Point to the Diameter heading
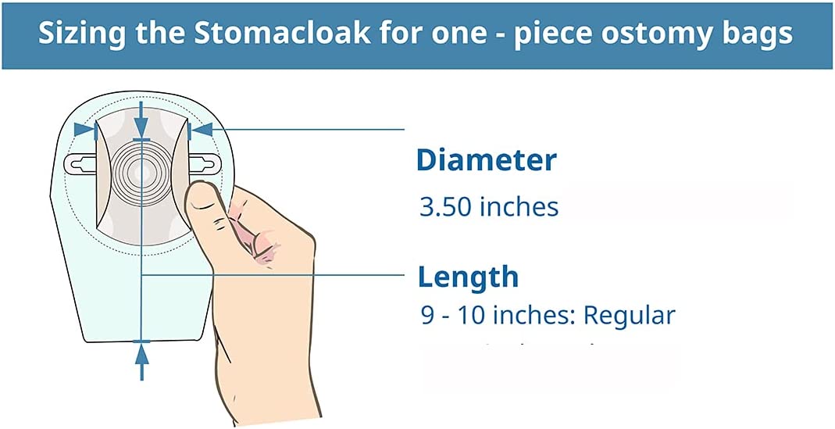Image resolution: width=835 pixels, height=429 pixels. click(x=486, y=160)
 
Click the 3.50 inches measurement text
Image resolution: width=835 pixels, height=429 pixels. click(x=489, y=207)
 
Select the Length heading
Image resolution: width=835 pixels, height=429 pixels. click(x=468, y=277)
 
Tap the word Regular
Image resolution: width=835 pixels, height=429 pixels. click(x=629, y=315)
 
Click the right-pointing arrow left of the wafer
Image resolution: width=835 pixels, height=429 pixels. click(x=85, y=130)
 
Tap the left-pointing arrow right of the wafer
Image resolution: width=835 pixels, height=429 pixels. click(x=200, y=130)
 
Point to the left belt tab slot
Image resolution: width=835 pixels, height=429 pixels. click(x=80, y=163)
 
